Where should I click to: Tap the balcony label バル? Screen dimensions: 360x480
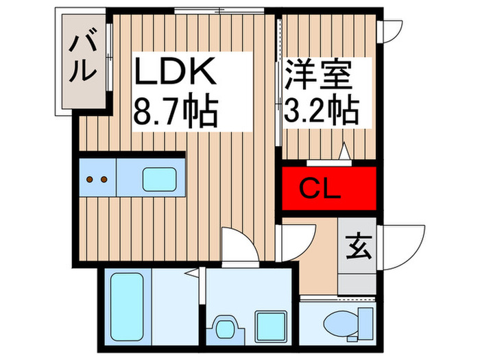(80, 58)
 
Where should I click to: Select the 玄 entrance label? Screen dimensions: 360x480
(357, 245)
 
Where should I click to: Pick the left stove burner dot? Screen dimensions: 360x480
(91, 180)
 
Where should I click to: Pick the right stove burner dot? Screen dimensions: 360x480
(104, 180)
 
